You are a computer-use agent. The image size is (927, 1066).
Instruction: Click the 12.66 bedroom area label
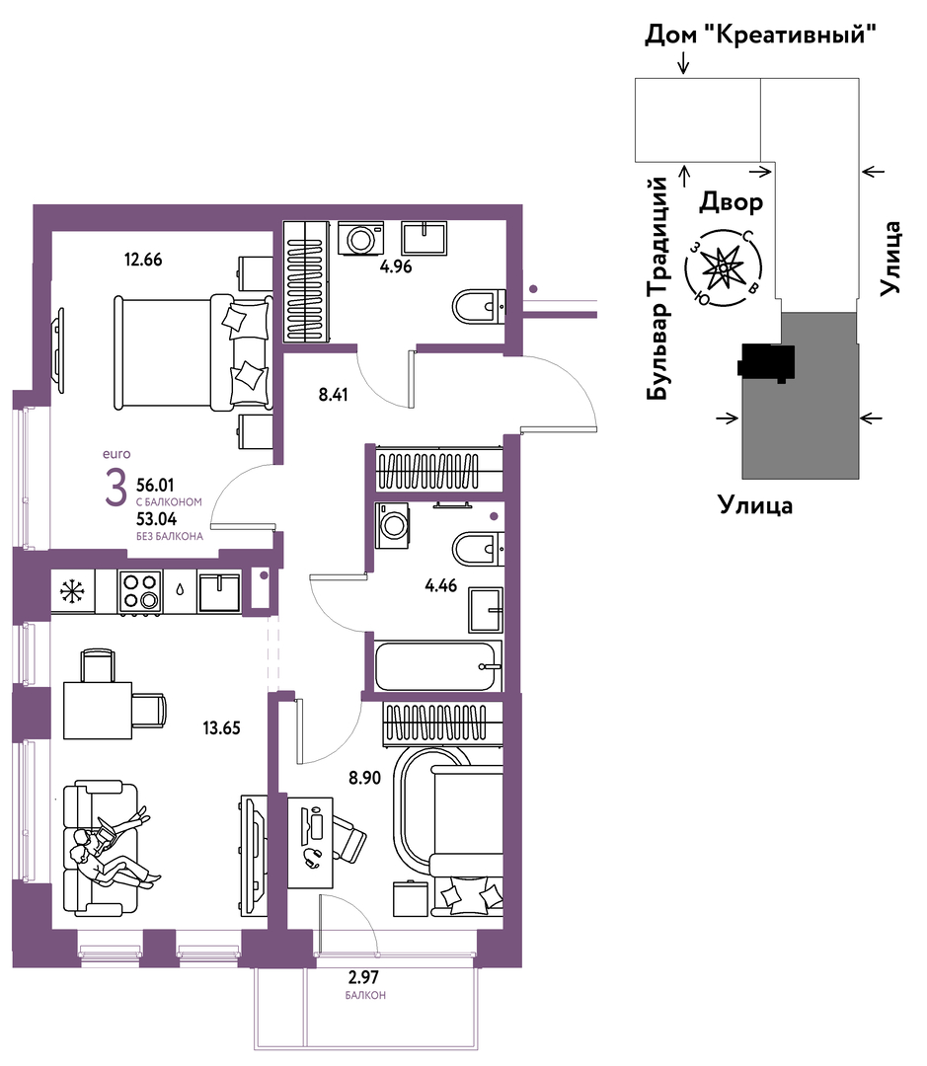(143, 259)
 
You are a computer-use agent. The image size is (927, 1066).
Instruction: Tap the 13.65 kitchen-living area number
(222, 728)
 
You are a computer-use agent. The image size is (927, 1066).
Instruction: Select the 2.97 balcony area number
(363, 977)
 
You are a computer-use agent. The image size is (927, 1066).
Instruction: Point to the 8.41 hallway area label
(334, 394)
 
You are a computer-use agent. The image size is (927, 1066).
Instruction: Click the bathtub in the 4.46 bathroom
(435, 666)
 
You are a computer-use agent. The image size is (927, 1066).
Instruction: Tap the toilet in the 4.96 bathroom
(479, 307)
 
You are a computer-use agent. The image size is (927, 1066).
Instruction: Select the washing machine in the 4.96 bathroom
(361, 239)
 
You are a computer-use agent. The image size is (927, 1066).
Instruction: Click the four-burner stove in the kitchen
(140, 591)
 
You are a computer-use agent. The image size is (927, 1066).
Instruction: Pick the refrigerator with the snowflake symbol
(73, 591)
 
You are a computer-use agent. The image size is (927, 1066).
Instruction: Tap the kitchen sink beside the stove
(219, 592)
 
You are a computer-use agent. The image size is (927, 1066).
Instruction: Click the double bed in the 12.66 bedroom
(193, 352)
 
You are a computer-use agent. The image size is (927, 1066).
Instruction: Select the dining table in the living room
(98, 711)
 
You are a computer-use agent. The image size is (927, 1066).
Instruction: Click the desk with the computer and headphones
(310, 843)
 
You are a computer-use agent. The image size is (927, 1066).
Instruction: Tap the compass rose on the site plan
(723, 268)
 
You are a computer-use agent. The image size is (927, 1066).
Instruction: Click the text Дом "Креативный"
(760, 34)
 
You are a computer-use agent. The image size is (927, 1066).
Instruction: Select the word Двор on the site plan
(732, 202)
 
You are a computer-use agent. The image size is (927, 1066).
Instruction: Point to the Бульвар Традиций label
(657, 288)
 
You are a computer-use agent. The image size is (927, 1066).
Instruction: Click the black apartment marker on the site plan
(766, 362)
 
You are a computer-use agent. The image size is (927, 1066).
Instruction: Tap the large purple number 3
(116, 489)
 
